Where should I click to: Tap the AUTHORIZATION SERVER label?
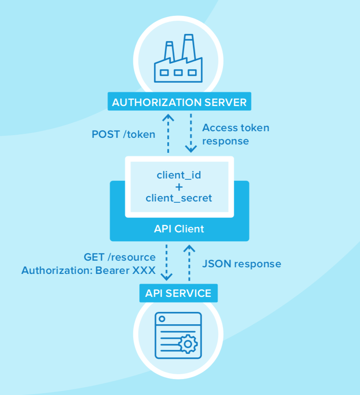[179, 103]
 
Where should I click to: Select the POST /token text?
[123, 134]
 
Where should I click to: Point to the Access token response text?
[235, 134]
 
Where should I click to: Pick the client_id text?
[179, 175]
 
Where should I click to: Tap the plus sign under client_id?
[179, 186]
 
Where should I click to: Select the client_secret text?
[179, 198]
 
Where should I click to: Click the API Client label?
[179, 229]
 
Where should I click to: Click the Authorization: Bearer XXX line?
[88, 270]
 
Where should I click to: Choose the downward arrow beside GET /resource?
[166, 262]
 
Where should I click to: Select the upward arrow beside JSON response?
[189, 262]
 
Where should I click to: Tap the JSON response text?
[241, 264]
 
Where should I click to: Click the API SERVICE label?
[178, 292]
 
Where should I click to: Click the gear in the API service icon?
[188, 343]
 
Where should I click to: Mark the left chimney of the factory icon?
[169, 51]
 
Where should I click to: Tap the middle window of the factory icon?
[178, 72]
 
